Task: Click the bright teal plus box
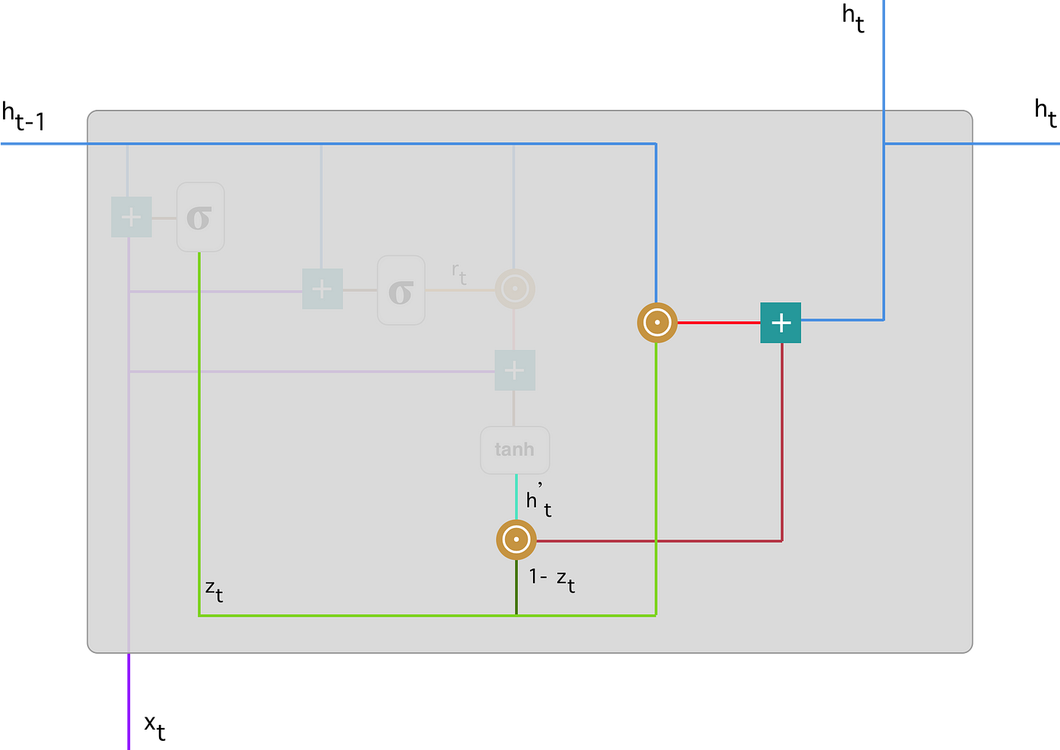click(781, 323)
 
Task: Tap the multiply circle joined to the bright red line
click(656, 323)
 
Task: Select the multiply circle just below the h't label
click(516, 540)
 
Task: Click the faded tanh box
click(515, 450)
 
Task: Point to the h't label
click(538, 501)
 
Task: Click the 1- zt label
click(552, 580)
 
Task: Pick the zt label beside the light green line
click(214, 590)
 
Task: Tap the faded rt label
click(459, 273)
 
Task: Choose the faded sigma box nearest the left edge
click(200, 217)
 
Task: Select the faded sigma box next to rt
click(401, 290)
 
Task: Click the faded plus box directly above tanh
click(515, 370)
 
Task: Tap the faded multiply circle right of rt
click(515, 289)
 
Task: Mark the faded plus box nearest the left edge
click(132, 217)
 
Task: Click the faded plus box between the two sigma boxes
click(323, 289)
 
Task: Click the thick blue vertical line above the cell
click(884, 53)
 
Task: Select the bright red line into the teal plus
click(719, 323)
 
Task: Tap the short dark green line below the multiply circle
click(516, 587)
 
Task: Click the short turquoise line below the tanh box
click(516, 496)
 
